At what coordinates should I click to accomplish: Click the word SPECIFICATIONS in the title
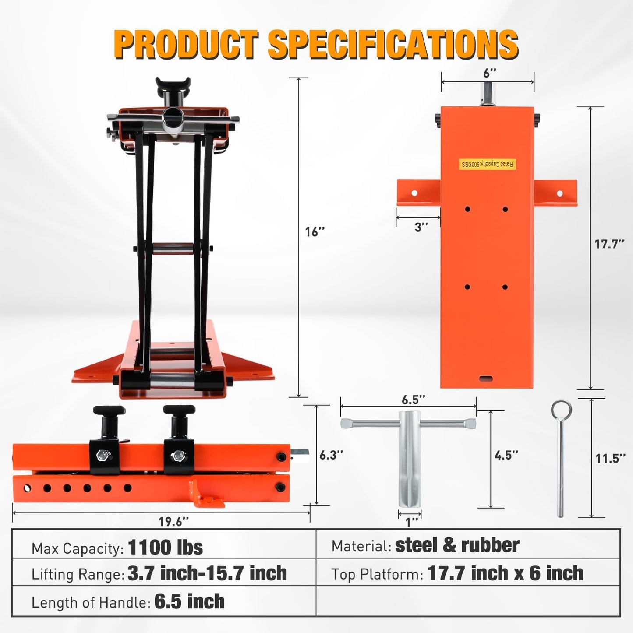(393, 44)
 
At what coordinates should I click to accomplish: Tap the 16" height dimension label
(315, 232)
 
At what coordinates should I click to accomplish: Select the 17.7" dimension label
(609, 244)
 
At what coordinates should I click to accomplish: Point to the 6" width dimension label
(489, 73)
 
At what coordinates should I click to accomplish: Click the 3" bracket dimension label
(421, 227)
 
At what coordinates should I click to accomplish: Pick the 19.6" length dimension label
(174, 521)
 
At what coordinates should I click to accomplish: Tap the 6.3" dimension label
(331, 455)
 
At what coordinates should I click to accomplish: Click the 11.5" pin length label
(610, 459)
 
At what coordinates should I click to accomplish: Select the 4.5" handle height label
(506, 455)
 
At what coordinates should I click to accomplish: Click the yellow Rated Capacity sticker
(488, 164)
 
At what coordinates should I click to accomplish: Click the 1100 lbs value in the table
(165, 547)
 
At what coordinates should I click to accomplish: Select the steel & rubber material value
(457, 545)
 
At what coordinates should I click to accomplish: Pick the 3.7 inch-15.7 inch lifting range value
(207, 573)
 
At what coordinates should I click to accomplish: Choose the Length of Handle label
(91, 602)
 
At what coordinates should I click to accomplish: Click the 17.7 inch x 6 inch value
(505, 573)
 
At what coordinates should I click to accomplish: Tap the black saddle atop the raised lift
(173, 83)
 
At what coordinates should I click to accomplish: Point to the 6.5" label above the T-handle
(413, 400)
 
